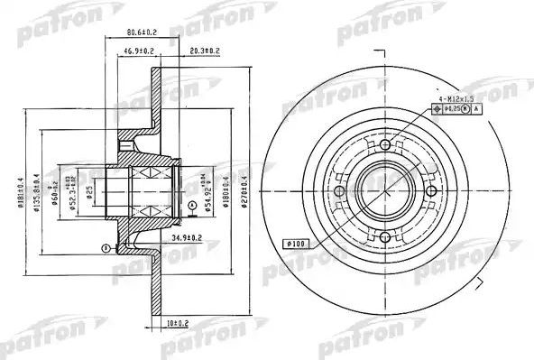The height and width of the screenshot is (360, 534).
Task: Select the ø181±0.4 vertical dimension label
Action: (21, 189)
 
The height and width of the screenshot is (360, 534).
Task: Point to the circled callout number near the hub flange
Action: (105, 247)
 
